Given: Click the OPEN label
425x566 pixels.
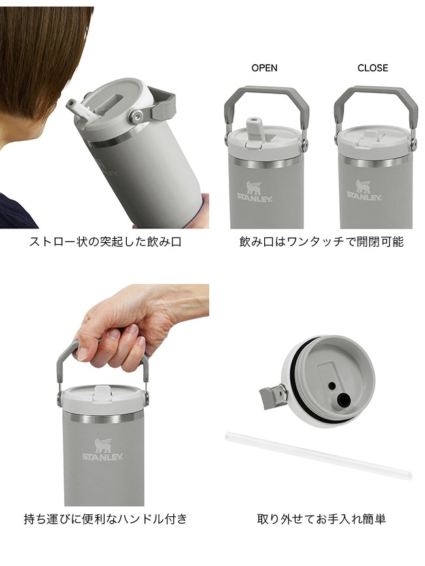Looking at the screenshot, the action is point(264,68).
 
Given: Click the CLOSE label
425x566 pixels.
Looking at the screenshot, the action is point(373,68).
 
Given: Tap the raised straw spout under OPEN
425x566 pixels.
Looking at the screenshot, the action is point(254,131).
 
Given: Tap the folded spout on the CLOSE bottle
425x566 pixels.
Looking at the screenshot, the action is point(366,139).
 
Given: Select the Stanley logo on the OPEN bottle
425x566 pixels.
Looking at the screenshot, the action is point(254,191).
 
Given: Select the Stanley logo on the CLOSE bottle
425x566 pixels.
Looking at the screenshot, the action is point(364,190).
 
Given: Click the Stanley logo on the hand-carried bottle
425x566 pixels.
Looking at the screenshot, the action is point(103,450).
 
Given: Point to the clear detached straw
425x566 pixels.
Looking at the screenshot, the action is point(318,455).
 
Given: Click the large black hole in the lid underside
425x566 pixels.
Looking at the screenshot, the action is point(343,399).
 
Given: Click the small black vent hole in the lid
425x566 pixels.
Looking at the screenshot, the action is point(331,386).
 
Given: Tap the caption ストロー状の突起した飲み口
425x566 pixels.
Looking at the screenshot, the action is point(105,241).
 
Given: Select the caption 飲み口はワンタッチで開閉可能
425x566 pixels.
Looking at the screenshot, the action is point(321,241).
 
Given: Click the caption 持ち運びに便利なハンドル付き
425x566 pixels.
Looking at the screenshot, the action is point(105,519).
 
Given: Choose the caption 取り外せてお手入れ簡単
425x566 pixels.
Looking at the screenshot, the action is point(321,519).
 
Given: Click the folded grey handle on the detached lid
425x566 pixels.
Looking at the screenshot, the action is point(273,397).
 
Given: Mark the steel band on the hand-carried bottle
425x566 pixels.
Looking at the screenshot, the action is point(103,418).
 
